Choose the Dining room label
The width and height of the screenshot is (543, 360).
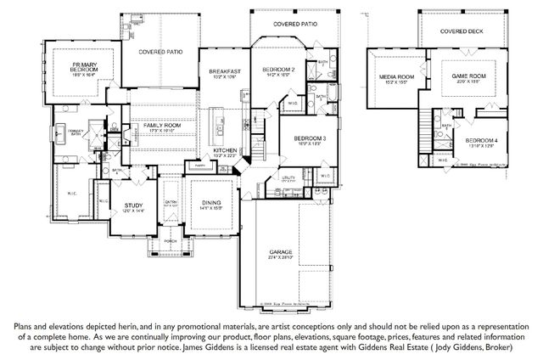click(210, 203)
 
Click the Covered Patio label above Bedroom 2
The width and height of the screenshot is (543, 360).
click(294, 25)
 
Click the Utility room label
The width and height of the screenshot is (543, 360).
click(288, 177)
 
